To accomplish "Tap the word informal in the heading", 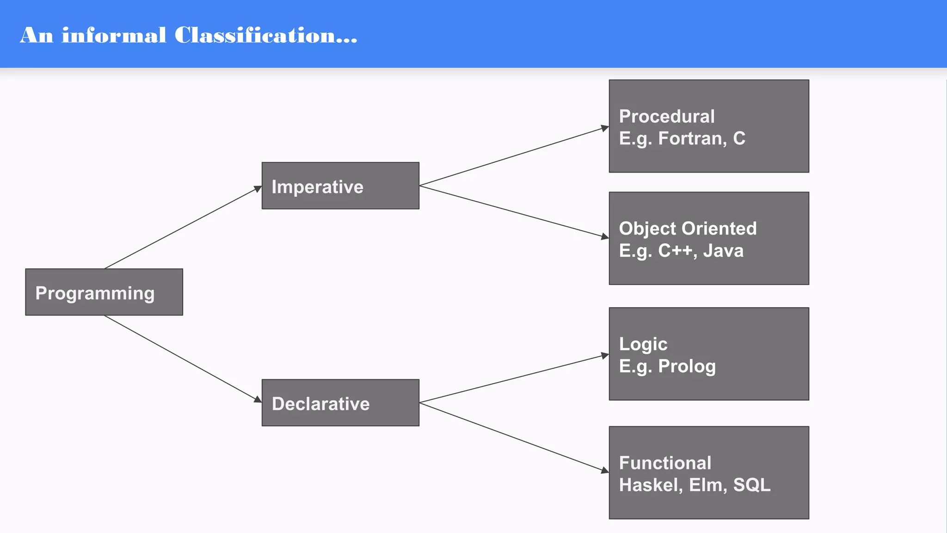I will (114, 36).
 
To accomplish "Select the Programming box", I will (104, 292).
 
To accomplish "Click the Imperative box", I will (340, 186).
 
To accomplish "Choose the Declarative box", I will (340, 403).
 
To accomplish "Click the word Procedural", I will (667, 117).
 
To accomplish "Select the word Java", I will (723, 251).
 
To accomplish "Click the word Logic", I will (643, 344).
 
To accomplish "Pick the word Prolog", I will (687, 366).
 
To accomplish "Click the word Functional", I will (665, 463).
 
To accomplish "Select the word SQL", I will (752, 485).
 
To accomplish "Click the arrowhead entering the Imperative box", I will (258, 188).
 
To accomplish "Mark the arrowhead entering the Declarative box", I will (258, 399).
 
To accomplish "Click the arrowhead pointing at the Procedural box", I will (605, 128).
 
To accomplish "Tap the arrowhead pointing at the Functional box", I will (605, 471).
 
